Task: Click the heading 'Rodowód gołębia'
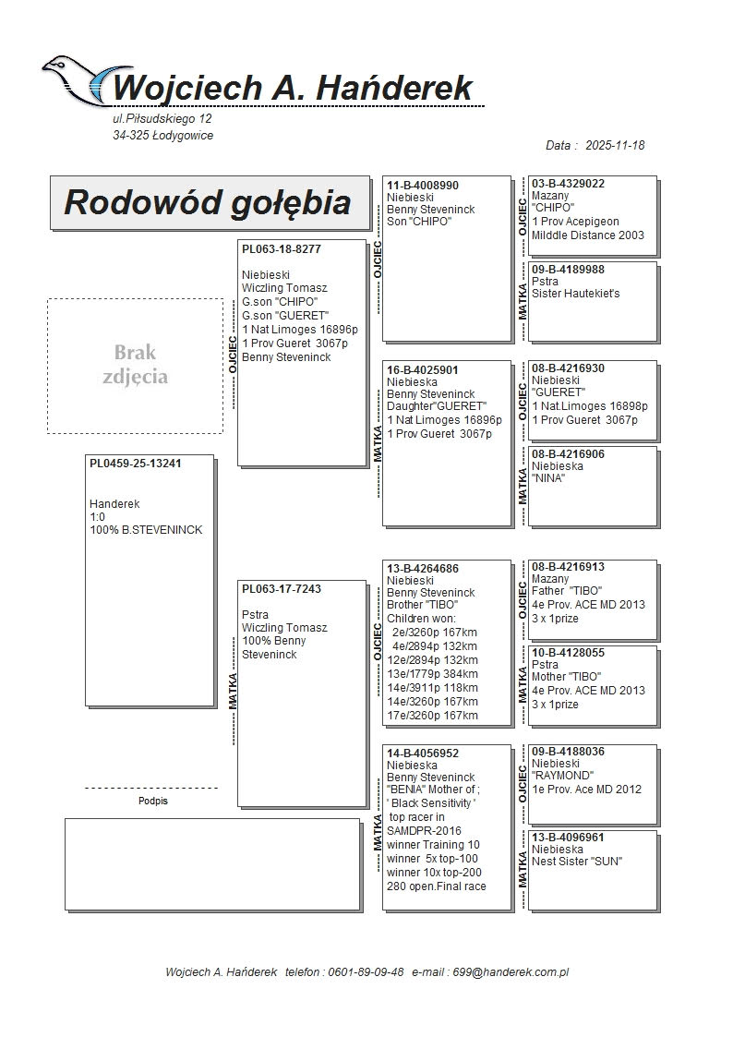pos(207,203)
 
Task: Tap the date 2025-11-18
pos(615,146)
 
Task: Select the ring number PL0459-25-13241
pos(135,464)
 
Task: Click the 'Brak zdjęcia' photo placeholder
pos(135,366)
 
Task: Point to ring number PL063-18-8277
pos(282,249)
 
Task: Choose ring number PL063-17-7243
pos(282,589)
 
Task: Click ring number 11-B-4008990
pos(423,186)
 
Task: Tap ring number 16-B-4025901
pos(423,370)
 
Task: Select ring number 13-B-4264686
pos(423,569)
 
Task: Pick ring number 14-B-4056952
pos(423,754)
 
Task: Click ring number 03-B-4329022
pos(568,184)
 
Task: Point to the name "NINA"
pos(548,479)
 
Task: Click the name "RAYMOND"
pos(562,777)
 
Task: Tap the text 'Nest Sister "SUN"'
pos(577,862)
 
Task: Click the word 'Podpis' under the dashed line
pos(153,802)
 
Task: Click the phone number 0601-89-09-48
pos(369,972)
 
